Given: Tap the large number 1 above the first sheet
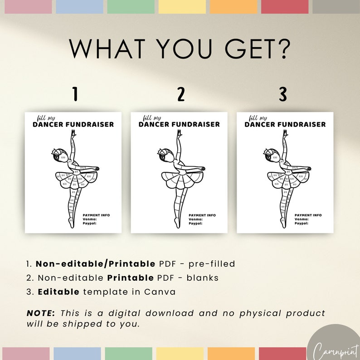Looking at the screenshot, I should tap(75, 95).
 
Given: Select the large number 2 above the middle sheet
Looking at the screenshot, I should tap(181, 95).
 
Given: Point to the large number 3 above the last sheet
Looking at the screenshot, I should tap(283, 95).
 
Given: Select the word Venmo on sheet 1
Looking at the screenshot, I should tap(90, 219).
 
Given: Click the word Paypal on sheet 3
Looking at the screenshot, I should tap(302, 223).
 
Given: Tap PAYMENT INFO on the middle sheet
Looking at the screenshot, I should tap(202, 215).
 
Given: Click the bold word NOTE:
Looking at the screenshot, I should tap(41, 313).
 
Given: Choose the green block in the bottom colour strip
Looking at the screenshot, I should tap(129, 354).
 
